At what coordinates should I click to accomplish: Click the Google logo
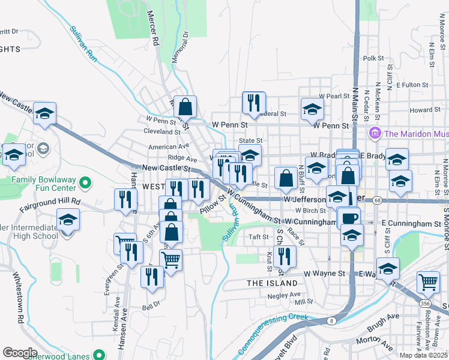(x=19, y=353)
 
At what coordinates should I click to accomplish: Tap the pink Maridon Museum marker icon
(x=375, y=133)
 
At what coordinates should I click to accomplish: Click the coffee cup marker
(x=349, y=217)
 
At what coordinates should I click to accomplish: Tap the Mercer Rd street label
(x=154, y=34)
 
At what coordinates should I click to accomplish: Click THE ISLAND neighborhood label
(x=272, y=283)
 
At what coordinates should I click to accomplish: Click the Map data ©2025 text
(x=424, y=355)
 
